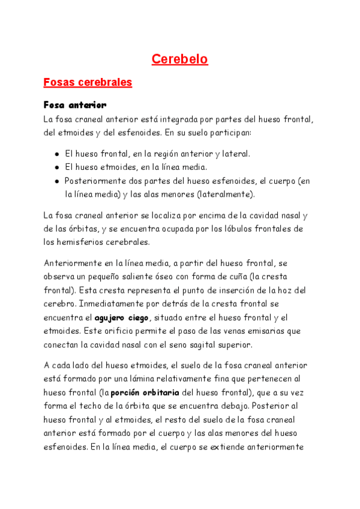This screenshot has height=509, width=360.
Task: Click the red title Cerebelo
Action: pos(179,59)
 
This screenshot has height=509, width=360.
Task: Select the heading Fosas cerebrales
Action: pos(88,82)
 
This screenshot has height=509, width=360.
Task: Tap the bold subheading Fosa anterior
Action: pos(75,105)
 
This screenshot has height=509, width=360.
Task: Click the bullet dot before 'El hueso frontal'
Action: pos(56,154)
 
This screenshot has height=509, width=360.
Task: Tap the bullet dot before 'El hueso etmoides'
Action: pos(56,168)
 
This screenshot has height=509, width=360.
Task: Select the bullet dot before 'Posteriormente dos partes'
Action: pos(56,181)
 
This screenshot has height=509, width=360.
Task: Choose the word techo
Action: pos(91,406)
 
